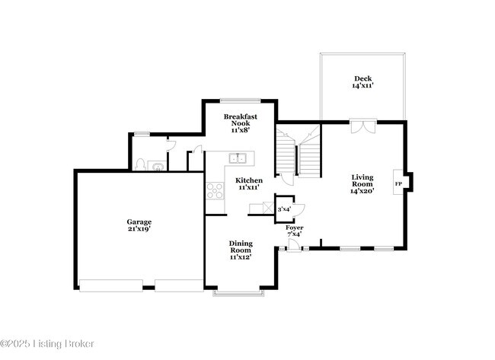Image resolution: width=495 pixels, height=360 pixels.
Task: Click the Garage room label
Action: point(139,225)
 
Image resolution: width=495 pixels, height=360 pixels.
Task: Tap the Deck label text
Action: point(362,83)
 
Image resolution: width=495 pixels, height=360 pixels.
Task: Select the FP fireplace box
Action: point(398,184)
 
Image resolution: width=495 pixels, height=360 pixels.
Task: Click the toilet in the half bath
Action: point(139,164)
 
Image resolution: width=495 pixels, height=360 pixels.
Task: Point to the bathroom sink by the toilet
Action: point(158,166)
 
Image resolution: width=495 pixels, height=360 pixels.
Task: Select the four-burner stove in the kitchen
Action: point(213,191)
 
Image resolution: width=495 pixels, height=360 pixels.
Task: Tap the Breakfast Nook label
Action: point(239,123)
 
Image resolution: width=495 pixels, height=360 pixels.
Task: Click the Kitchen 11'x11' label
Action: point(248,183)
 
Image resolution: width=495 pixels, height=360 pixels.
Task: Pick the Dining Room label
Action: point(241,250)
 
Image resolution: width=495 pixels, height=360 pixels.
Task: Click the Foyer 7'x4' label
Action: point(294,231)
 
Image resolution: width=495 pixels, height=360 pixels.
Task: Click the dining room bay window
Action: point(238,292)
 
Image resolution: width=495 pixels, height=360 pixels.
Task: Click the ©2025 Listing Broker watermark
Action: point(47,344)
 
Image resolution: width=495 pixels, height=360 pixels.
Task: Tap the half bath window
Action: point(142,134)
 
